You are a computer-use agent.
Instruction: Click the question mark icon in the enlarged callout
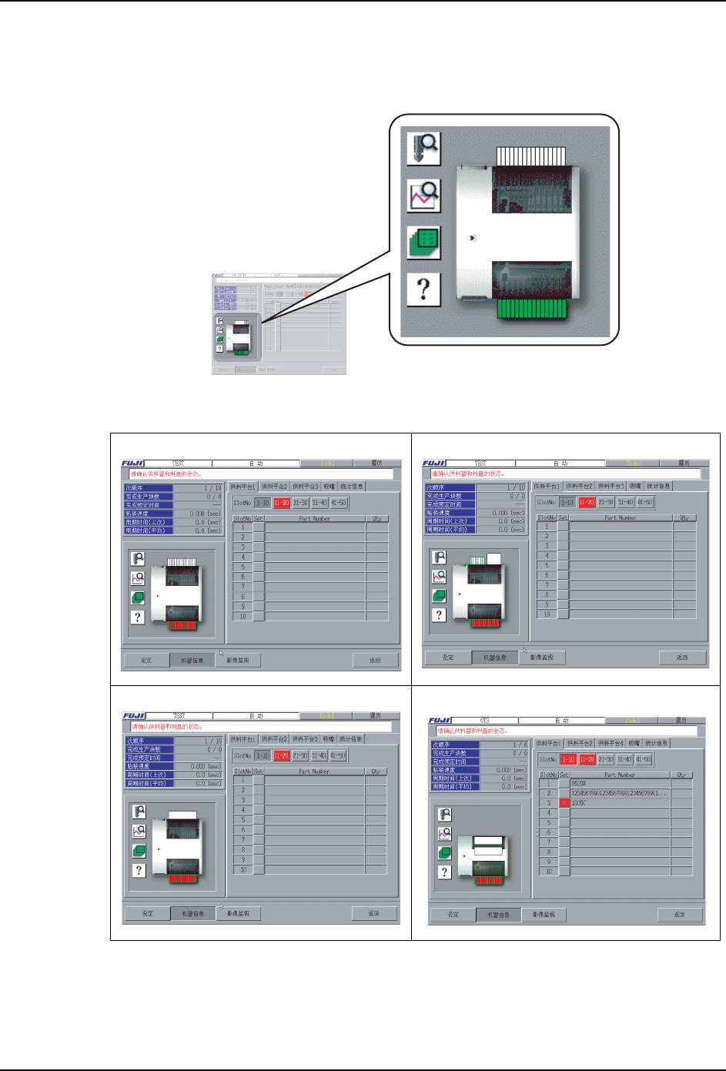click(x=423, y=289)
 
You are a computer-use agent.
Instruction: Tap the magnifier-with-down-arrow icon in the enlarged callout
click(x=423, y=148)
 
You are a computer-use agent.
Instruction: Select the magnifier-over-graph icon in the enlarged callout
click(x=423, y=196)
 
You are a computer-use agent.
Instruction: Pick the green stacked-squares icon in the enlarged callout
click(x=423, y=243)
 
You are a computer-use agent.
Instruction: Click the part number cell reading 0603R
click(x=578, y=784)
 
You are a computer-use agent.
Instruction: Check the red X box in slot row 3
click(x=564, y=803)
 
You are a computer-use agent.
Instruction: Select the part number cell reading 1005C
click(x=578, y=803)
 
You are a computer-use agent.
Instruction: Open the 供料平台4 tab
click(x=611, y=744)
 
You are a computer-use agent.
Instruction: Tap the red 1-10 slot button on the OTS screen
click(x=568, y=759)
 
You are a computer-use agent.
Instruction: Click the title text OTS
click(x=485, y=721)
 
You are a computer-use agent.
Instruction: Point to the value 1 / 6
click(x=520, y=745)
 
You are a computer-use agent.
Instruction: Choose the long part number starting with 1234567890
click(x=618, y=793)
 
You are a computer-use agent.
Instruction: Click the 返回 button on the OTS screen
click(x=680, y=915)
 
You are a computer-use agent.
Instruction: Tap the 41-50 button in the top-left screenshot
click(x=339, y=503)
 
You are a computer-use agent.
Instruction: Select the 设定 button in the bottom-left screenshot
click(x=147, y=914)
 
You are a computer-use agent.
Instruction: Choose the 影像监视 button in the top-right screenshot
click(x=542, y=658)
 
